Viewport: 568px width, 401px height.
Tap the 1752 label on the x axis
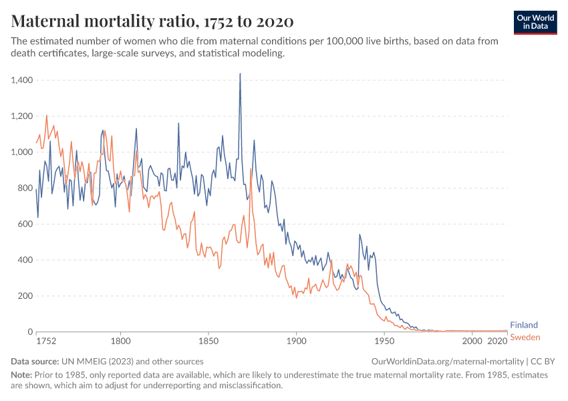pyautogui.click(x=45, y=341)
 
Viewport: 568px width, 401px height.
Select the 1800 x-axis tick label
pyautogui.click(x=120, y=341)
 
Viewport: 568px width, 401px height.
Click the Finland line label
pyautogui.click(x=523, y=325)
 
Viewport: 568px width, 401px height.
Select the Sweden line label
pyautogui.click(x=525, y=338)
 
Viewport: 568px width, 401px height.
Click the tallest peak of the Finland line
pyautogui.click(x=240, y=74)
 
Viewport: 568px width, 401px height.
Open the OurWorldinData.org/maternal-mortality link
pyautogui.click(x=447, y=361)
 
